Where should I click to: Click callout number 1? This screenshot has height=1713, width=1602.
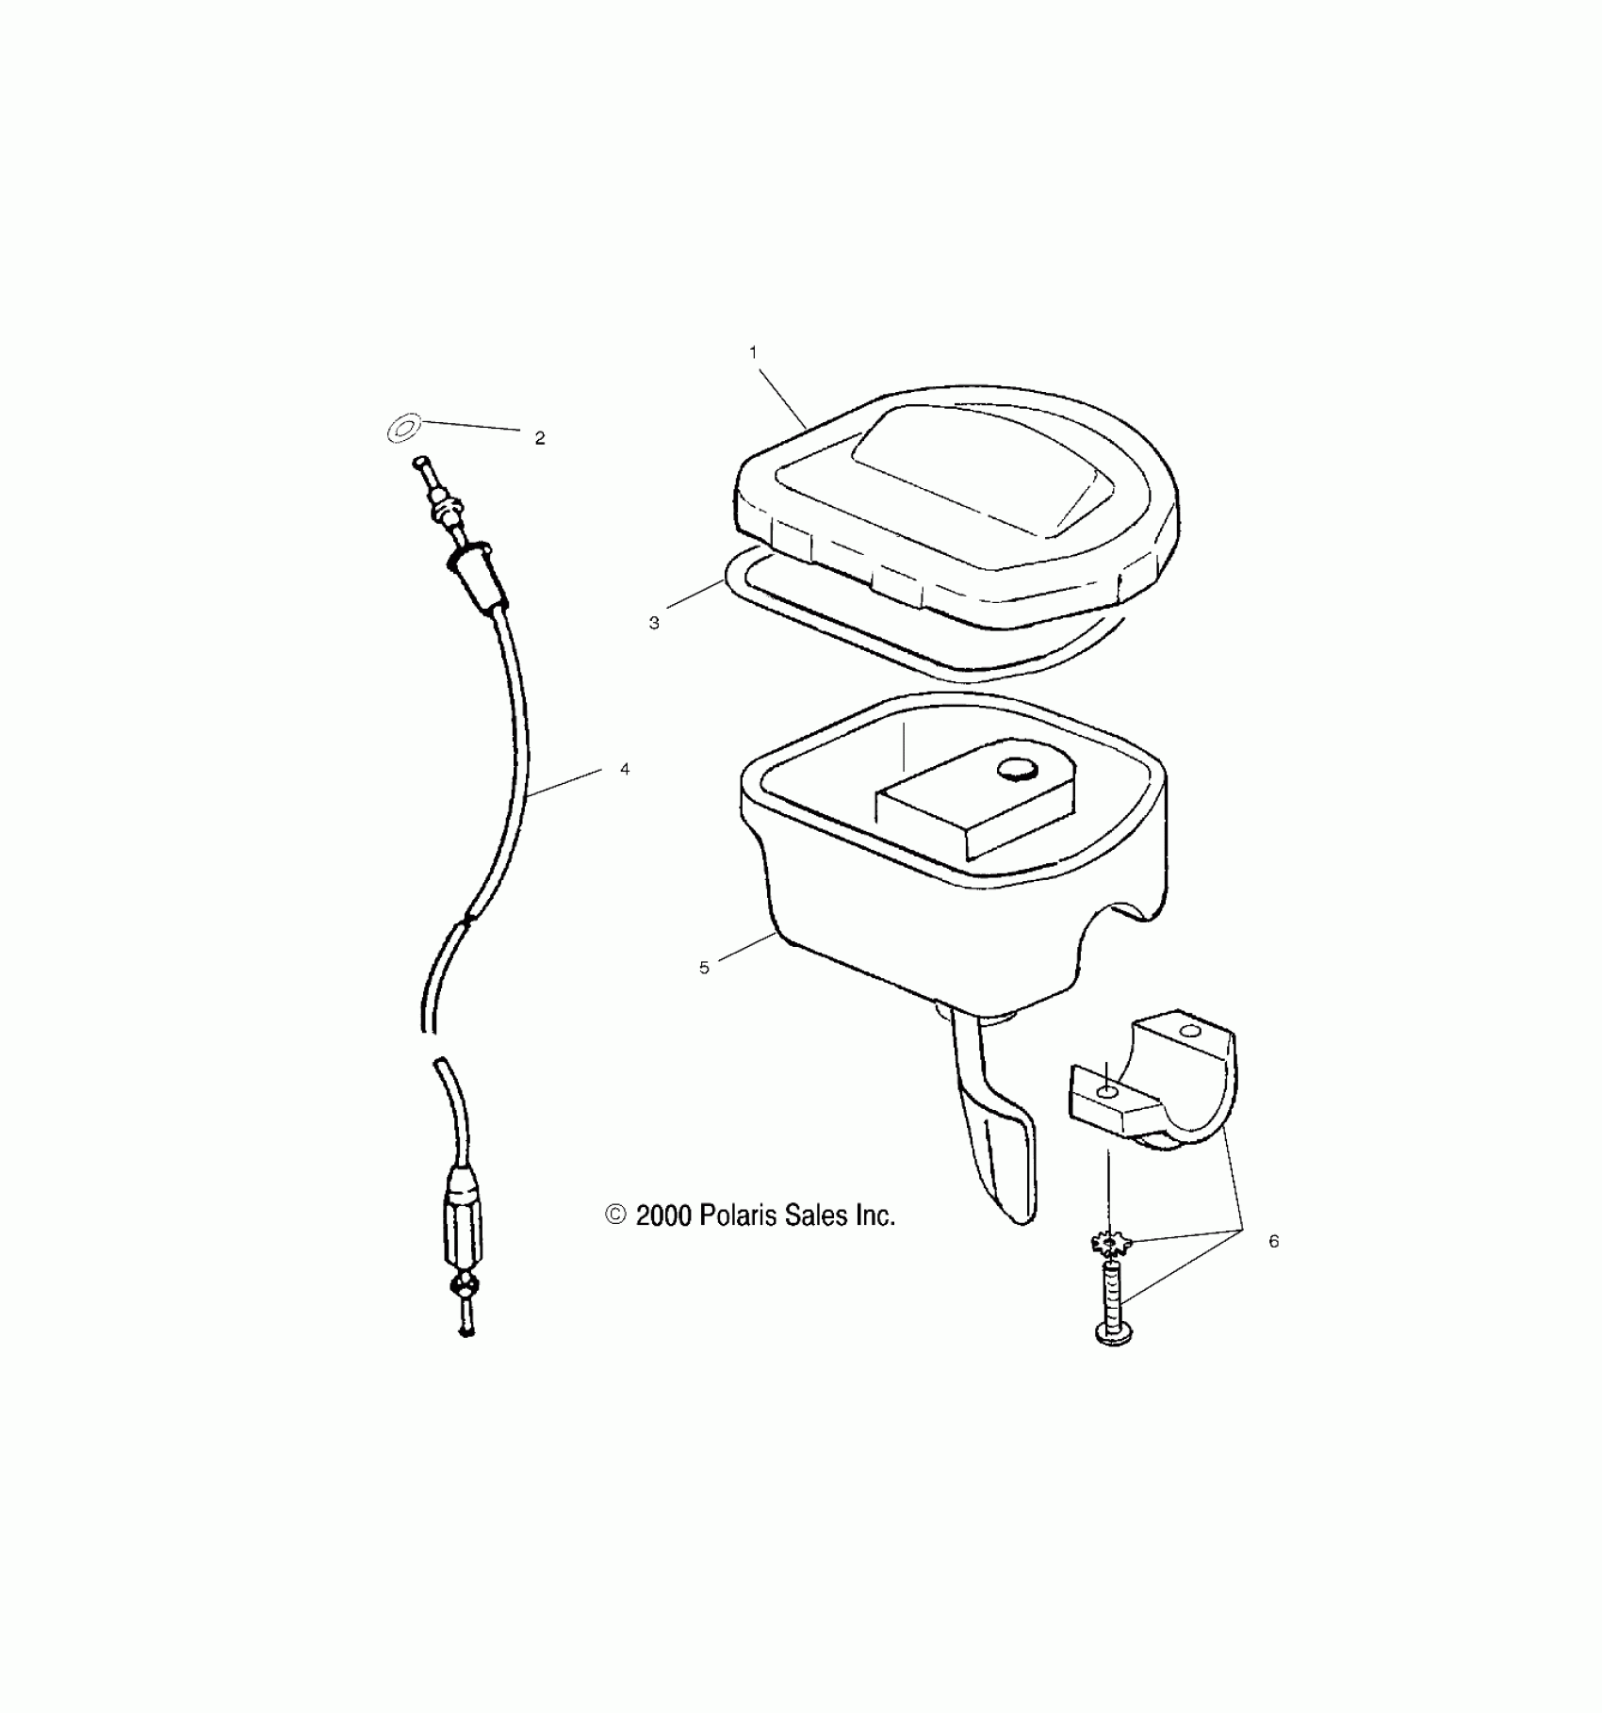tap(753, 352)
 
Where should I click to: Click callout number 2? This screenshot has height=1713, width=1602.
tap(540, 438)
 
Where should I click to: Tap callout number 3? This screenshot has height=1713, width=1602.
tap(654, 624)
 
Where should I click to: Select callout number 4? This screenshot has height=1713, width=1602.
tap(625, 770)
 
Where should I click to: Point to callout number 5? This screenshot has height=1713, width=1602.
tap(704, 968)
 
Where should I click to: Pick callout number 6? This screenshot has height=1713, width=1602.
tap(1273, 1242)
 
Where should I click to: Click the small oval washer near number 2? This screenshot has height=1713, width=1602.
tap(403, 430)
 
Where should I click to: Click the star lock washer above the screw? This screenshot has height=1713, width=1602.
tap(1109, 1246)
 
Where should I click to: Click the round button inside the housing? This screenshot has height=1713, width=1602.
tap(1017, 771)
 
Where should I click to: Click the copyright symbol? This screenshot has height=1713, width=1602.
tap(615, 1215)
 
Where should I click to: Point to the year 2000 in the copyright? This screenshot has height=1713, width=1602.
tap(663, 1216)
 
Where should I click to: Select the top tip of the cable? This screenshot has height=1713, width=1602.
tap(418, 462)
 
